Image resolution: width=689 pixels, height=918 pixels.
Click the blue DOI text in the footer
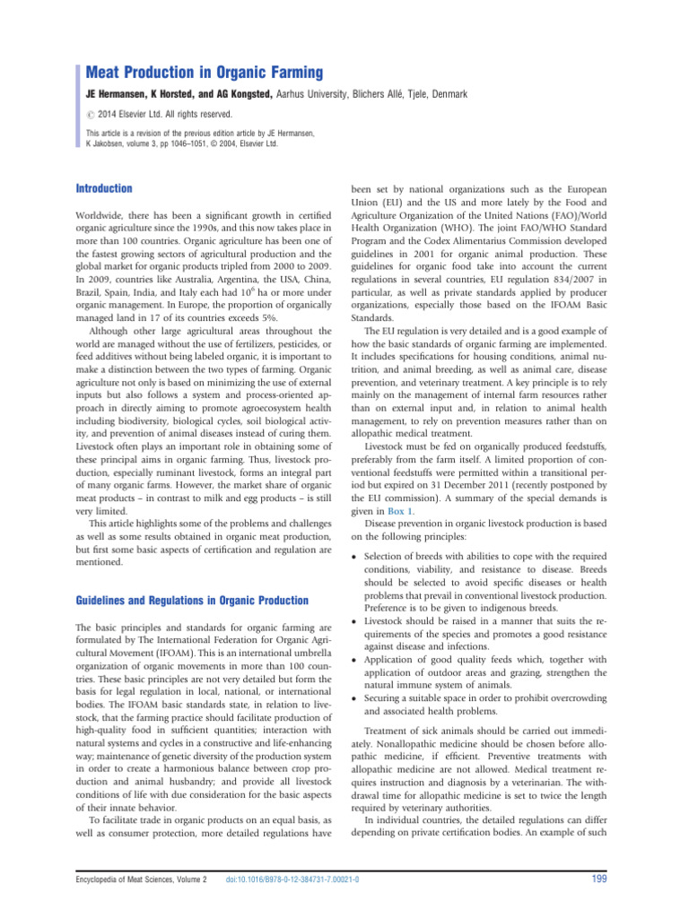pyautogui.click(x=292, y=881)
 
